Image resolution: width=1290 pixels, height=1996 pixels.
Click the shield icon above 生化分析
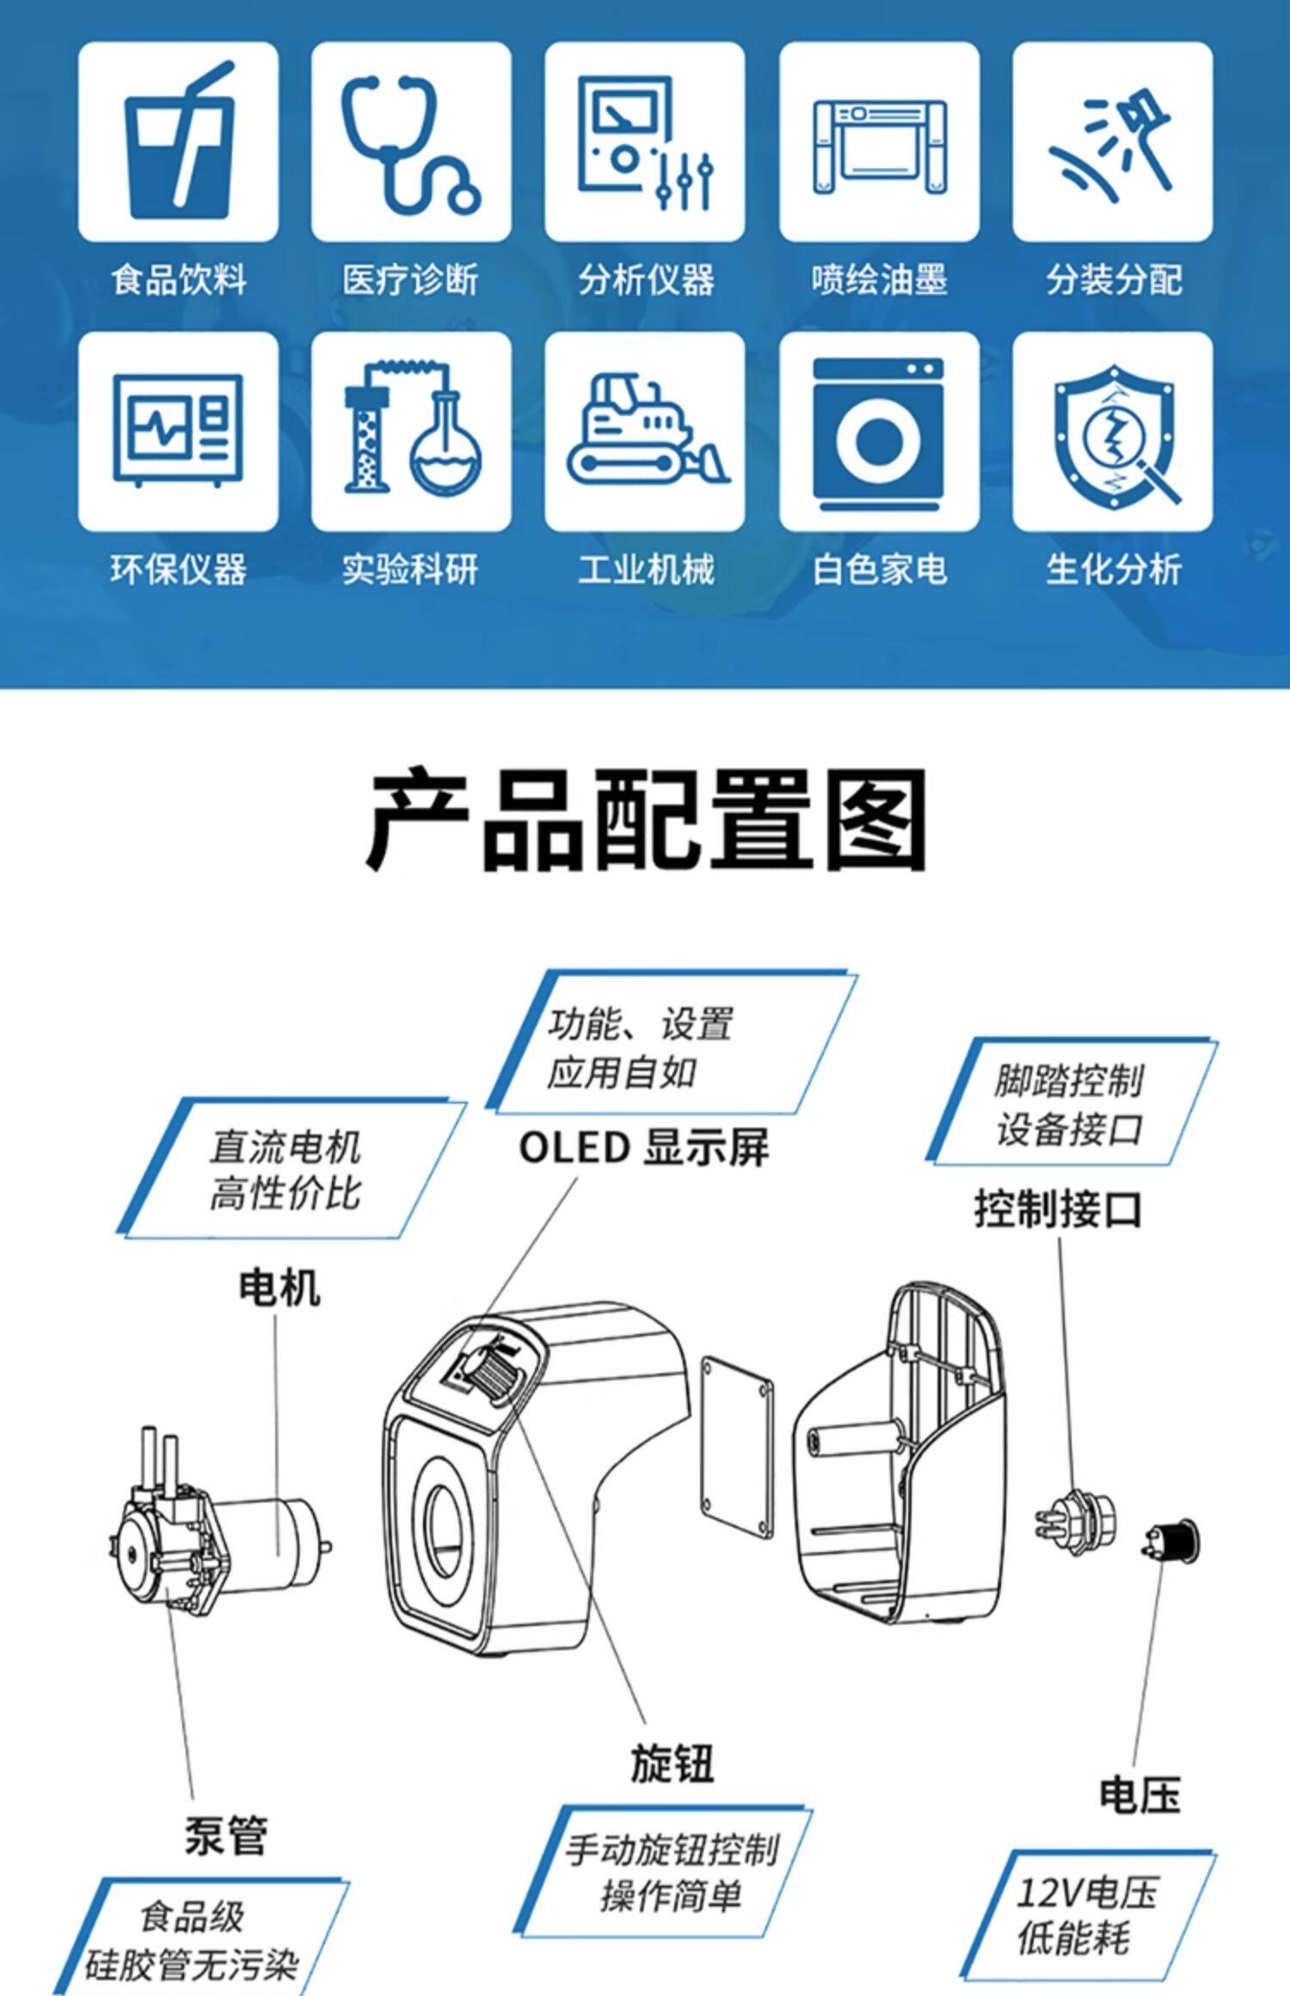[1113, 433]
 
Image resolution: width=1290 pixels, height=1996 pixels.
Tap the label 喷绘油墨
[879, 279]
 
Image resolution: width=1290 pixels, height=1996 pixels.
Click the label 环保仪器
[178, 569]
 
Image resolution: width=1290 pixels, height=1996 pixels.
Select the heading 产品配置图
[646, 819]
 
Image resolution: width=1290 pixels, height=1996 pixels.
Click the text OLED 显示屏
[643, 1148]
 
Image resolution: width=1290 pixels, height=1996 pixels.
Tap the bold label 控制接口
[1058, 1209]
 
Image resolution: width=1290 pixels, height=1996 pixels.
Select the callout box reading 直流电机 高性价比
[291, 1167]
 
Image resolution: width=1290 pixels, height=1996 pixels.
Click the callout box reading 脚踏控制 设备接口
[1071, 1103]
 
